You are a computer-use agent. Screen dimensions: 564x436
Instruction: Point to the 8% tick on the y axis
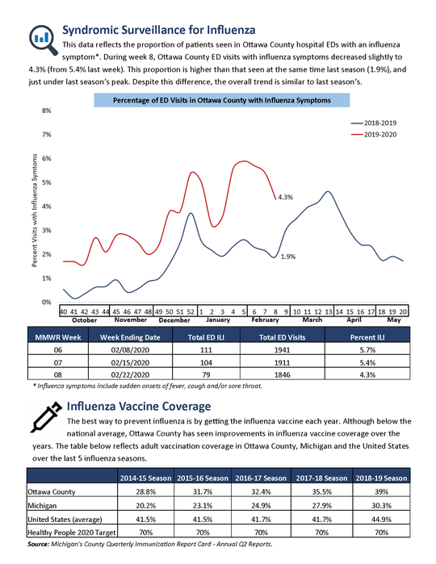47,111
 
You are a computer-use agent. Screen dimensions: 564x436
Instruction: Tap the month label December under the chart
174,320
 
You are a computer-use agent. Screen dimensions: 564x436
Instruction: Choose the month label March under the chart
312,320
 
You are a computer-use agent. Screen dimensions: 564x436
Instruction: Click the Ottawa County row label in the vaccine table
51,491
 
